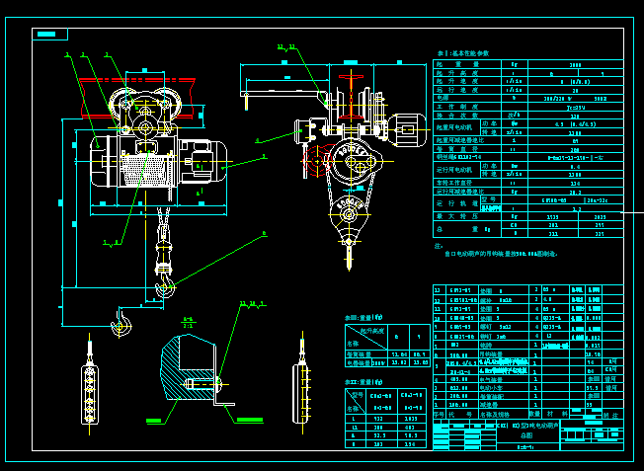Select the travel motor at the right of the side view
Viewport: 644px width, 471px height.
(x=404, y=129)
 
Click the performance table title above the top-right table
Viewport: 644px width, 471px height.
(x=463, y=53)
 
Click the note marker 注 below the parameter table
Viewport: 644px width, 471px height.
(x=439, y=245)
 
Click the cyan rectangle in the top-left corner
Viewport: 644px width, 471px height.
(x=49, y=35)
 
